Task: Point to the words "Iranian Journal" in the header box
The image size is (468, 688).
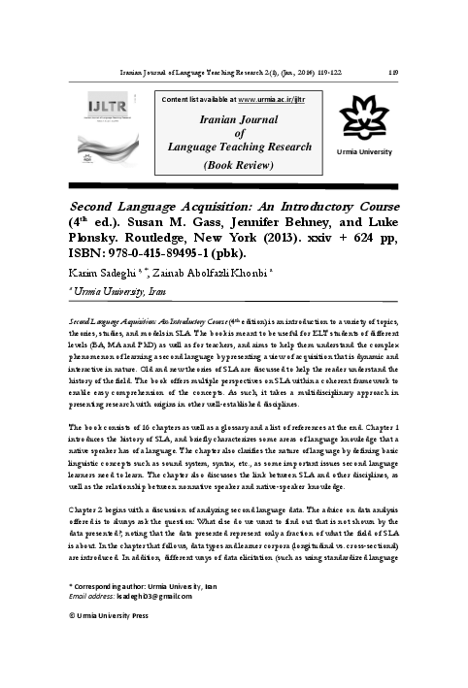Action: pyautogui.click(x=232, y=117)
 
